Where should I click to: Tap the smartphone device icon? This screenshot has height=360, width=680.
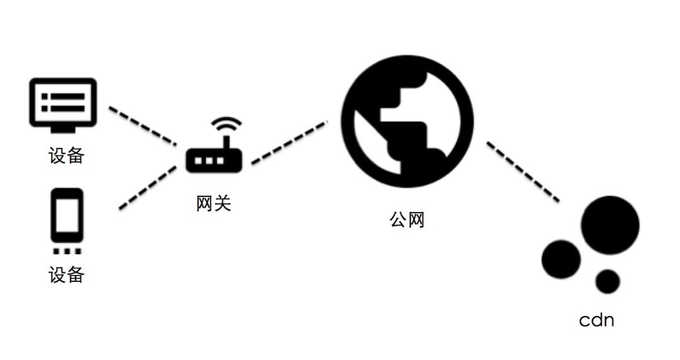[x=67, y=217]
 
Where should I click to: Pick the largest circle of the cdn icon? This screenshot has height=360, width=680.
[x=609, y=225]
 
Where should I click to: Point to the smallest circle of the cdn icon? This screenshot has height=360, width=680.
[x=608, y=281]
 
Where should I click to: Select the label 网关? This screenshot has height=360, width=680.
[x=213, y=204]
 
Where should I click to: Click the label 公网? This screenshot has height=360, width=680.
[x=407, y=220]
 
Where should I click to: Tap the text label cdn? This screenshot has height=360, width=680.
[x=596, y=320]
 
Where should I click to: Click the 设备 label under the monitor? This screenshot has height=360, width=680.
[x=66, y=155]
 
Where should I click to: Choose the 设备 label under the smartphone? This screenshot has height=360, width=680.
[x=66, y=275]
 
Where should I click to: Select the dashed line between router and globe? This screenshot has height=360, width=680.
[x=290, y=143]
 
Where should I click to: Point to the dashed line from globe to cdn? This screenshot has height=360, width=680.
[x=523, y=171]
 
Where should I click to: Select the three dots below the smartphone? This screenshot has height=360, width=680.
[x=66, y=251]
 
